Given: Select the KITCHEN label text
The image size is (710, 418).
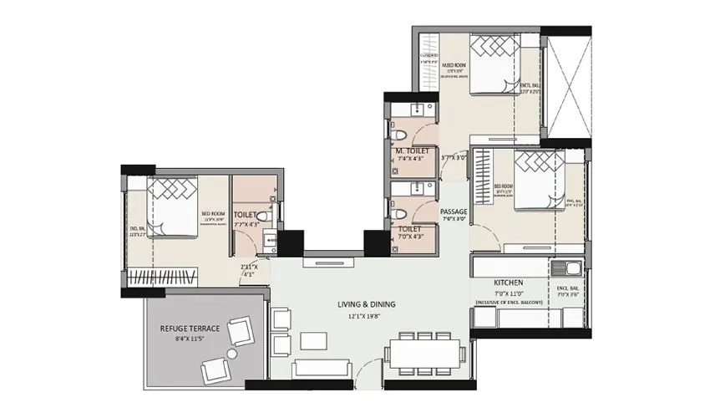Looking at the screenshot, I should (x=508, y=283).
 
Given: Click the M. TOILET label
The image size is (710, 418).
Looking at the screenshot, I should (x=413, y=150).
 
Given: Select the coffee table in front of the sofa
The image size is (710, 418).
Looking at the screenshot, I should (x=313, y=342).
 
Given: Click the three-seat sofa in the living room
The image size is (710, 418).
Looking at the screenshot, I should (x=321, y=369).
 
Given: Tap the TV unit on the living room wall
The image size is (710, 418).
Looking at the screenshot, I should (x=322, y=262).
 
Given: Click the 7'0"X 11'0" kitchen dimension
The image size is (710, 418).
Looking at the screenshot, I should (x=508, y=294).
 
